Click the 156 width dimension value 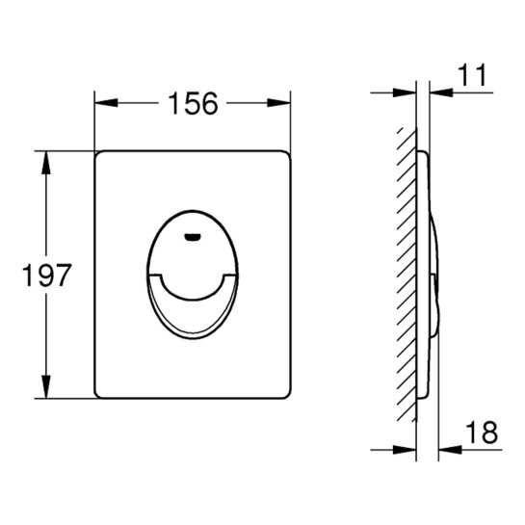(x=194, y=103)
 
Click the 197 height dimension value (x=46, y=275)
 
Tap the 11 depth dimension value (x=472, y=76)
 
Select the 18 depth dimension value (x=482, y=433)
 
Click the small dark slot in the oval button (x=193, y=237)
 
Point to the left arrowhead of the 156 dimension (x=107, y=103)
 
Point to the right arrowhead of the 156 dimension (x=278, y=103)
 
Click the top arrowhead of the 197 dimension (x=46, y=163)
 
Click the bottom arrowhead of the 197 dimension (x=46, y=386)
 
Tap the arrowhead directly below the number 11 (x=441, y=92)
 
